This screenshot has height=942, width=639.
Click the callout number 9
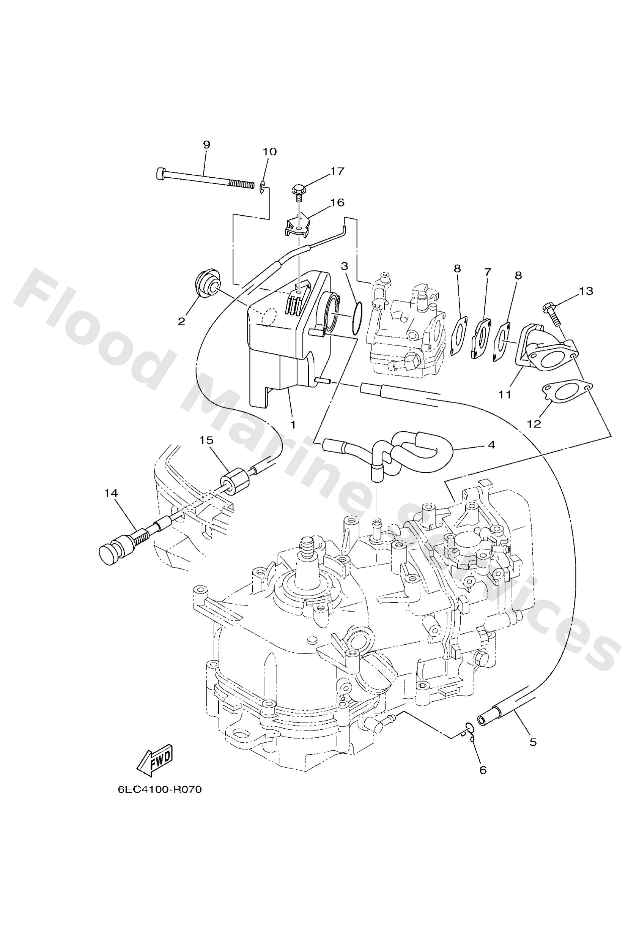(x=206, y=145)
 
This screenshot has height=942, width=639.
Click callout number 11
(x=505, y=394)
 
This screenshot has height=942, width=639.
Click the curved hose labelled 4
(x=422, y=450)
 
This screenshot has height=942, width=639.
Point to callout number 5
(x=533, y=743)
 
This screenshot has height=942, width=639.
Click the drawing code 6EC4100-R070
(x=159, y=790)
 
